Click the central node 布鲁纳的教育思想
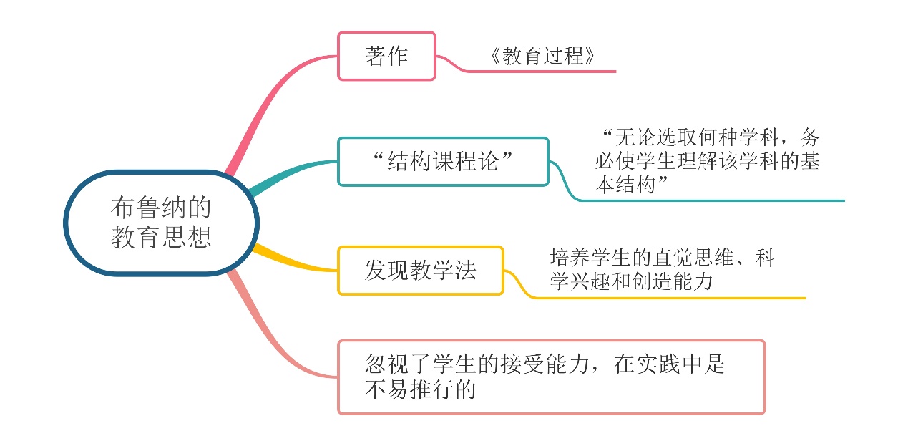click(161, 223)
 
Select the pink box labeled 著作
click(386, 56)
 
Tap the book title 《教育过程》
click(542, 56)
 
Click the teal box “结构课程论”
click(443, 162)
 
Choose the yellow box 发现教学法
click(420, 271)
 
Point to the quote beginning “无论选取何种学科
click(708, 161)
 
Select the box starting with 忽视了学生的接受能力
click(551, 377)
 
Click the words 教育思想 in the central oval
click(161, 237)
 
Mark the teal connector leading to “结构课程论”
click(290, 175)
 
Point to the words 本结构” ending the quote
click(631, 185)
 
